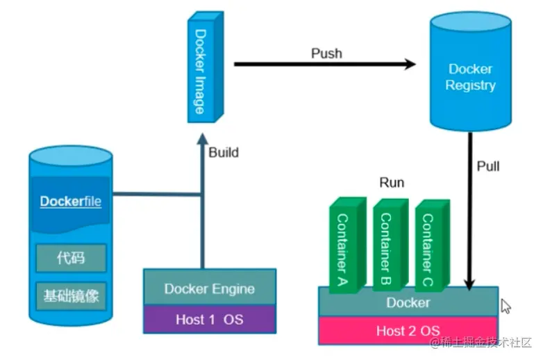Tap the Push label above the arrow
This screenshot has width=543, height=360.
[x=326, y=54]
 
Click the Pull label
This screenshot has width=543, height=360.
[x=488, y=167]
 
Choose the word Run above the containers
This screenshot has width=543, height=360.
[x=392, y=183]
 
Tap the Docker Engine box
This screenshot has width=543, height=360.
[x=209, y=288]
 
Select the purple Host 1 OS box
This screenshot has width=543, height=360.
[x=209, y=319]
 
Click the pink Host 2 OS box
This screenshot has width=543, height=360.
[x=408, y=330]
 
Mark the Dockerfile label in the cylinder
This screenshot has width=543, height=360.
[x=70, y=202]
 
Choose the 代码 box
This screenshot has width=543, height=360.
[x=71, y=258]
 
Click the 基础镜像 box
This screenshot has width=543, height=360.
[x=71, y=297]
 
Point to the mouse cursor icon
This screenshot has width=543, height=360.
[x=506, y=306]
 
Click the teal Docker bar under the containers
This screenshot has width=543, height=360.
[x=408, y=302]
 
